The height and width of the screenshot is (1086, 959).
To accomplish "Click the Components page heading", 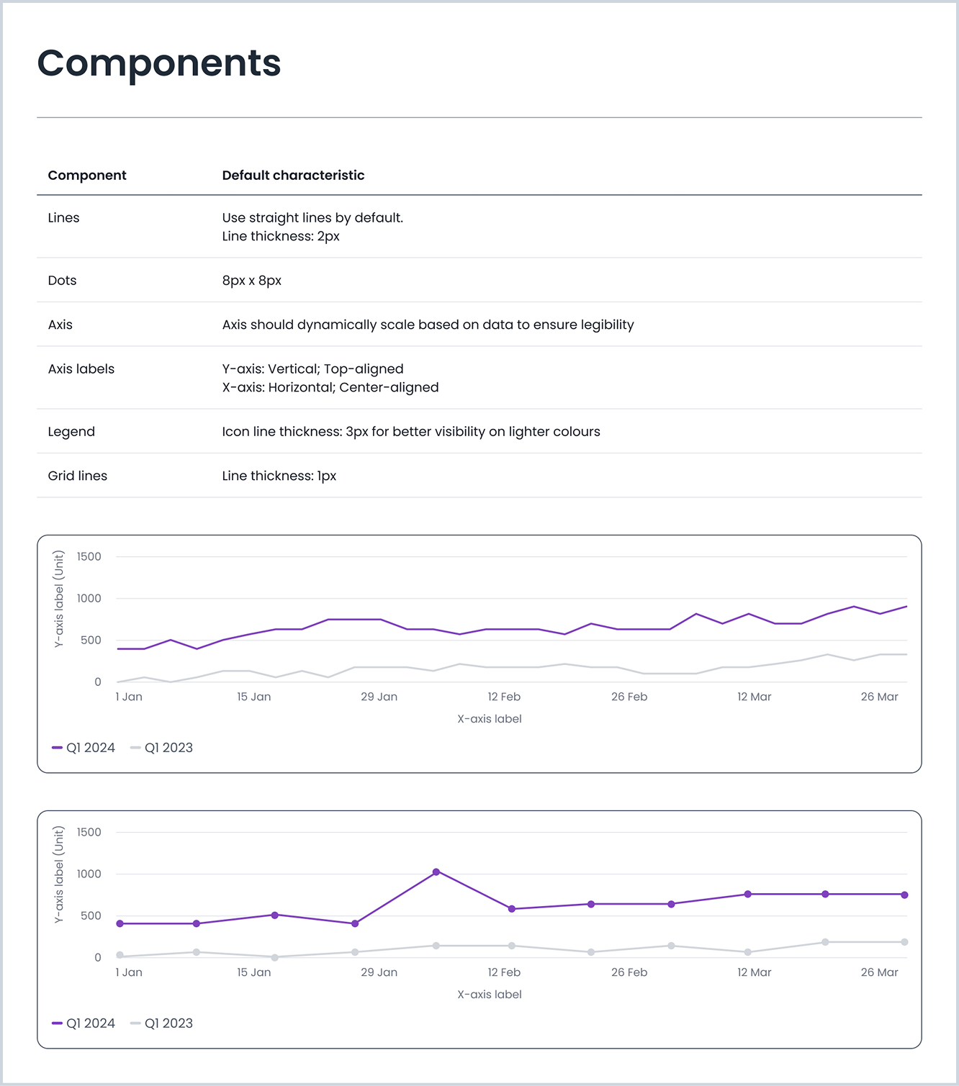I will click(x=158, y=63).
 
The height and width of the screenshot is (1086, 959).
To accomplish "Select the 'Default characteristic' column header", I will click(x=293, y=176).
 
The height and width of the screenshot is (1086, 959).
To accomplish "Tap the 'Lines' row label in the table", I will click(x=63, y=218).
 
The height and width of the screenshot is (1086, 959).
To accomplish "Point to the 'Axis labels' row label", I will click(x=81, y=369).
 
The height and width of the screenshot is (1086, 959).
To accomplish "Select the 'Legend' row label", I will click(x=71, y=432).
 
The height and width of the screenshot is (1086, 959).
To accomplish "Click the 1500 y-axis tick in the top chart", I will click(x=89, y=557).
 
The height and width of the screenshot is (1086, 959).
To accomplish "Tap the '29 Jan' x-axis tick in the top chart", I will click(x=379, y=697).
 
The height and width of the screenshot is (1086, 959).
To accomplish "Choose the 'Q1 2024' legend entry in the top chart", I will click(x=84, y=748).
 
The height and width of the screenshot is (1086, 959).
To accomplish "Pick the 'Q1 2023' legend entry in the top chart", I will click(x=162, y=748).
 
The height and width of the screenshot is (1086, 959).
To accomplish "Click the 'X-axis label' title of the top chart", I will click(x=490, y=719).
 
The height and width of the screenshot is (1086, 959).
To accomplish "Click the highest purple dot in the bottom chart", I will click(x=436, y=872).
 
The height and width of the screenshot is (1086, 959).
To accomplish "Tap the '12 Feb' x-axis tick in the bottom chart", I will click(x=504, y=972).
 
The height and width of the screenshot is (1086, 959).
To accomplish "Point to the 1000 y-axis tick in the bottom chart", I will click(x=89, y=874).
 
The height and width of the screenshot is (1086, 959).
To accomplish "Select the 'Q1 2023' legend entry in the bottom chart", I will click(x=162, y=1023).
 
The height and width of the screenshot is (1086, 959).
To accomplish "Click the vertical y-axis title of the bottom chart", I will click(x=59, y=874).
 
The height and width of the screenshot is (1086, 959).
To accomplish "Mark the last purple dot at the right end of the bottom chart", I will click(x=904, y=895).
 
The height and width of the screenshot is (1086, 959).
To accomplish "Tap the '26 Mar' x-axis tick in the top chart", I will click(x=879, y=697).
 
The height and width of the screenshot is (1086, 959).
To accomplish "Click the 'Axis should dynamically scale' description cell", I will click(x=428, y=325).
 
